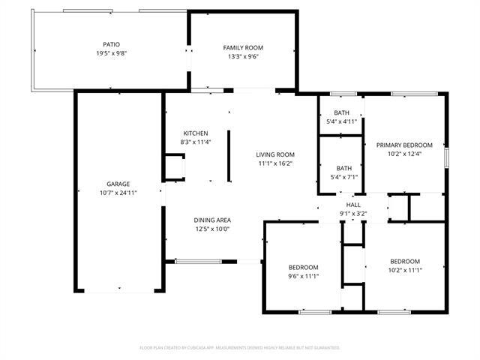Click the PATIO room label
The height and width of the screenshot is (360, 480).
(x=111, y=45)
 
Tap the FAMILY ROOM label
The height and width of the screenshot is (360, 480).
(x=243, y=48)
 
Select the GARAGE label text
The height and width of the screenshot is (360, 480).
(x=118, y=184)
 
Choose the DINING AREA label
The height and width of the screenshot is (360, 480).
(x=212, y=220)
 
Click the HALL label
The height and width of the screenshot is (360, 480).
(x=352, y=205)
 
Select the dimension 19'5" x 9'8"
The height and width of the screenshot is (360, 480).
(x=111, y=54)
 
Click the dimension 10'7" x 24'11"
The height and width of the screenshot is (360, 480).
(x=118, y=193)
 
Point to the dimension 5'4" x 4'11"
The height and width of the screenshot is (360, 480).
(x=341, y=121)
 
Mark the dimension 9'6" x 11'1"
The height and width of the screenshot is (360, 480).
(x=304, y=276)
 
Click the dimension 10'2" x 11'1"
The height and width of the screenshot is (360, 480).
(x=404, y=270)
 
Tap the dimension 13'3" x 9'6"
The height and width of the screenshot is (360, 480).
(x=243, y=56)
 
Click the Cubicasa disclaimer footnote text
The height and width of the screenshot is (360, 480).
(x=240, y=348)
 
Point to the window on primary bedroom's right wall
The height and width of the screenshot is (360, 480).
(x=446, y=158)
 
